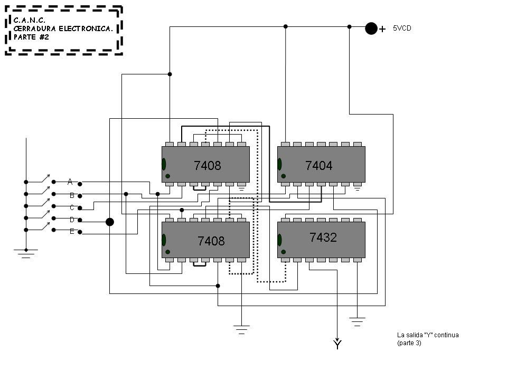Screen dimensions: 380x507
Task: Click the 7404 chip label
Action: click(319, 166)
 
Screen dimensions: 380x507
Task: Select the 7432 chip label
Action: click(323, 237)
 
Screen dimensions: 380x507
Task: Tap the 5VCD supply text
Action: click(402, 28)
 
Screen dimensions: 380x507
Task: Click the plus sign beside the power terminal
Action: click(382, 30)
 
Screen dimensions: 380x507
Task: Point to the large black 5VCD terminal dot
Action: click(371, 28)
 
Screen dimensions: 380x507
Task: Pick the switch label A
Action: click(70, 182)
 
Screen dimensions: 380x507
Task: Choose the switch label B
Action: click(72, 195)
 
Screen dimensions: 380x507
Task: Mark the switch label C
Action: click(72, 207)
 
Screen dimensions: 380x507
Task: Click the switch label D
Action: click(72, 220)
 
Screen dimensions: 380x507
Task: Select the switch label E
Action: click(72, 232)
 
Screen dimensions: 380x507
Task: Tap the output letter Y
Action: click(337, 346)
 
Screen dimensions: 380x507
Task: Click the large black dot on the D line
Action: click(110, 222)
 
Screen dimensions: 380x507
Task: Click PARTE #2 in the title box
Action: click(31, 37)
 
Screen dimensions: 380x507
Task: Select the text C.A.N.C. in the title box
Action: click(30, 20)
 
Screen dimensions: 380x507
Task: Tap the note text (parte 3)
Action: click(409, 343)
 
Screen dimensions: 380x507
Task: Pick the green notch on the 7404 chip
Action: click(280, 164)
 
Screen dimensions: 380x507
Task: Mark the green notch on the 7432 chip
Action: click(280, 240)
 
